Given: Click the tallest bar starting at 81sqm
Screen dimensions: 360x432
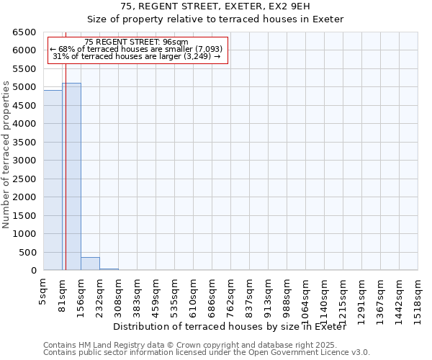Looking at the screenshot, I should point(71,176).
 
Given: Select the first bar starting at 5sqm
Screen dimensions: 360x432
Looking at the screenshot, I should point(53,180).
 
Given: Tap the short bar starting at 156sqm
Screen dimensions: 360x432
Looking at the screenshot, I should point(90,264).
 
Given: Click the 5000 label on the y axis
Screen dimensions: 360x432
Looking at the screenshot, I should point(24,87).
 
